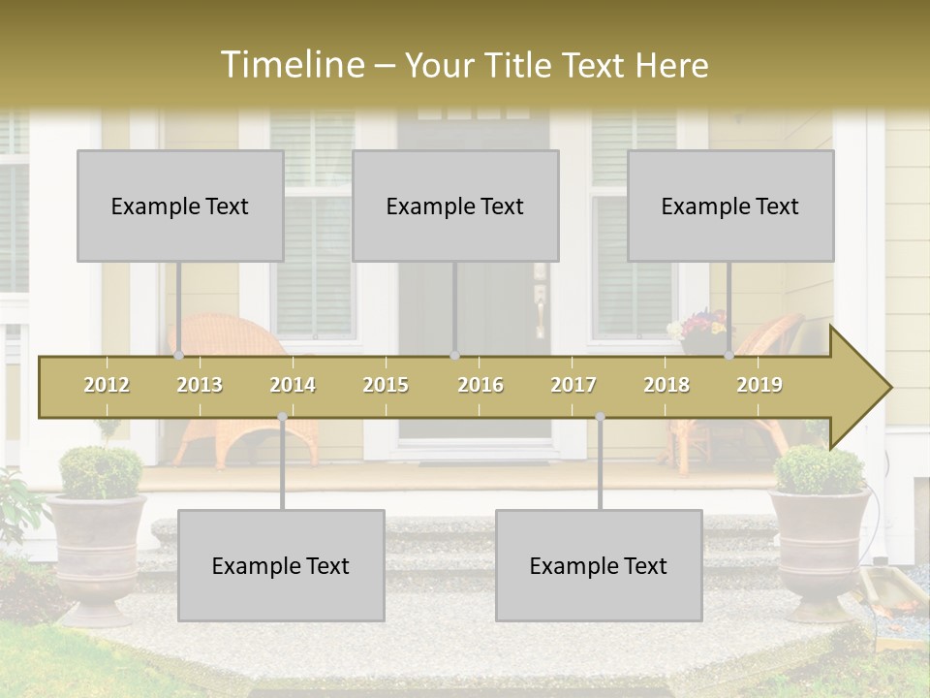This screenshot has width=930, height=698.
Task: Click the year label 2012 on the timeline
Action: point(107,385)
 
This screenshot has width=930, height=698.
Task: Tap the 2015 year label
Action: point(386,385)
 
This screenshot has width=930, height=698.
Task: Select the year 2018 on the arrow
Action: point(666,385)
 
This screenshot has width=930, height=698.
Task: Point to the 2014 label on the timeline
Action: point(293,385)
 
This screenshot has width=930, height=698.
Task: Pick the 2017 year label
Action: point(573,385)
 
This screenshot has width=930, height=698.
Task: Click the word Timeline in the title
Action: point(291,65)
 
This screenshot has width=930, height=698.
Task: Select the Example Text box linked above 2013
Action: point(180,206)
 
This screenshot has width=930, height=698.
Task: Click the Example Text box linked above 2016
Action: point(455,206)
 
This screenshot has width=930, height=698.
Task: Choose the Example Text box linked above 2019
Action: point(730,206)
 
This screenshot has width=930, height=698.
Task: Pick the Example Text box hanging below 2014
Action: point(281,565)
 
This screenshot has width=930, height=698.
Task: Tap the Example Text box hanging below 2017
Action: point(599,565)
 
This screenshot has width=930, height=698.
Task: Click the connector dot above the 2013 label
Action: point(180,356)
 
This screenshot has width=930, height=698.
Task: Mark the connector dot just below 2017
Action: point(600,417)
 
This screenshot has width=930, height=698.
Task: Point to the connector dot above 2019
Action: point(729,356)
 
